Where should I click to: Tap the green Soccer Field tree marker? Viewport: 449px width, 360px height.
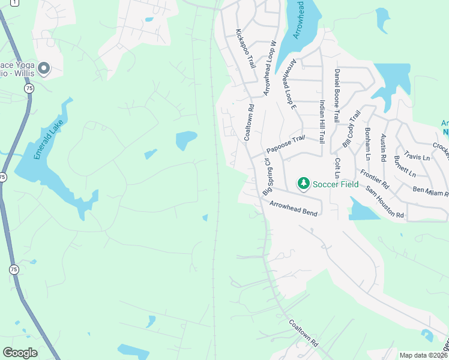[x=304, y=183]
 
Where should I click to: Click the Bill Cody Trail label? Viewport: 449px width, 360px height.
[x=351, y=128]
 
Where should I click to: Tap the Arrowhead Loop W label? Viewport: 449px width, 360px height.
[x=268, y=68]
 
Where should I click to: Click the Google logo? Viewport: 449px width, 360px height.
[x=20, y=353]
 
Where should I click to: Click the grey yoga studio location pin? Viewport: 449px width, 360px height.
[x=43, y=69]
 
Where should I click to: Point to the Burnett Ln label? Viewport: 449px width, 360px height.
[x=405, y=166]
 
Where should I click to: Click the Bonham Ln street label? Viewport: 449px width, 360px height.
[x=367, y=143]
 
